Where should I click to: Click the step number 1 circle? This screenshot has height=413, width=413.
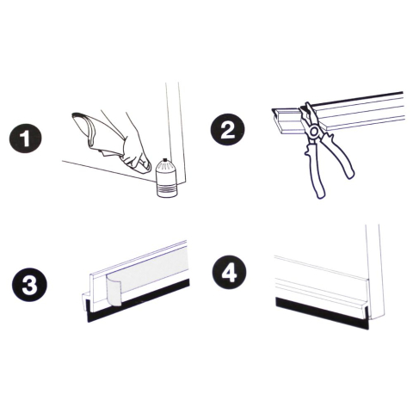(26, 139)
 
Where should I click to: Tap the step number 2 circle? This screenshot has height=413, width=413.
(228, 129)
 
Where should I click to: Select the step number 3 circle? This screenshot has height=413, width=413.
(29, 285)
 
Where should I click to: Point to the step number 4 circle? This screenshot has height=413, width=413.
(230, 272)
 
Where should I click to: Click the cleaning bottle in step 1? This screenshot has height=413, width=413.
(167, 178)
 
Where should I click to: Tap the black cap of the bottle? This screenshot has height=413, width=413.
(164, 159)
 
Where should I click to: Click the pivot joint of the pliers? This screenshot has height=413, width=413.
(314, 131)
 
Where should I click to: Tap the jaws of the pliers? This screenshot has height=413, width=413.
(306, 114)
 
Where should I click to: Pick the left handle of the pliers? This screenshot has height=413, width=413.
(315, 170)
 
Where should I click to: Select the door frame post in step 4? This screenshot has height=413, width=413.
(374, 273)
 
